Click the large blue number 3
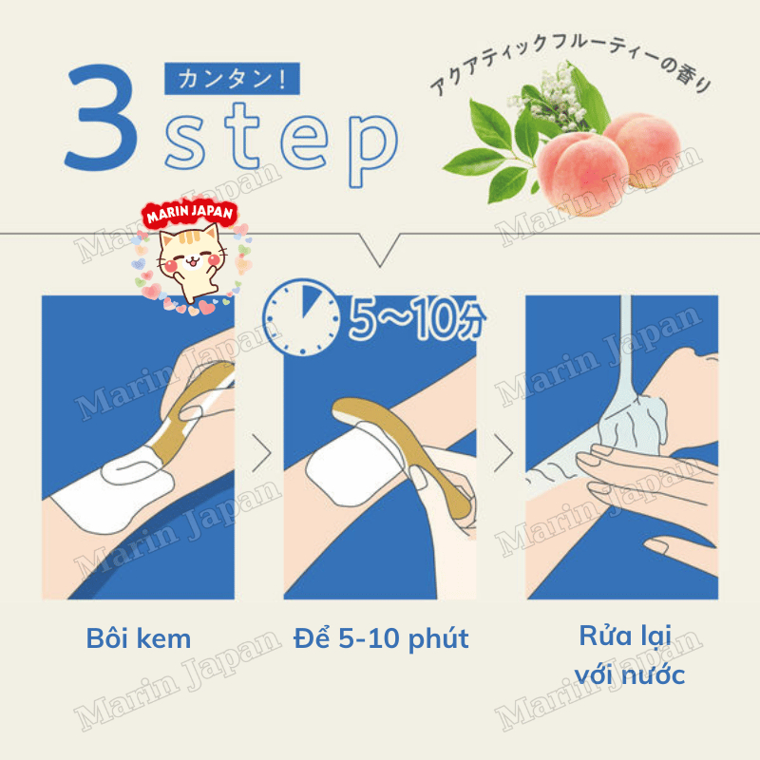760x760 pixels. (x=101, y=118)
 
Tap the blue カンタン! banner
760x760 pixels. (x=232, y=79)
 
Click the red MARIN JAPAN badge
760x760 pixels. (x=189, y=213)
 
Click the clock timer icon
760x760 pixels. (x=301, y=317)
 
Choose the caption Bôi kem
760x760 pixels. (x=139, y=638)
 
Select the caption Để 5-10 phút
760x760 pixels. (x=381, y=637)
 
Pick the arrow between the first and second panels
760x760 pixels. (x=262, y=453)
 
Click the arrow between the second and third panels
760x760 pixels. (x=503, y=453)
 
